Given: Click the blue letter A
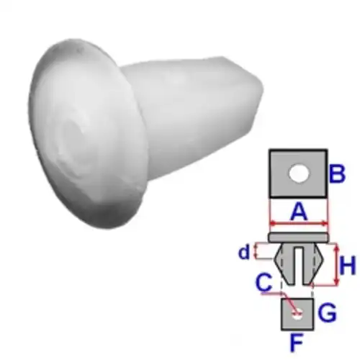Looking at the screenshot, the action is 299,212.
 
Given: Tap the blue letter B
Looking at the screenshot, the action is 338,174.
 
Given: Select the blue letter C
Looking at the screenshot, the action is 264,282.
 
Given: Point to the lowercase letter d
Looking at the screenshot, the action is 244,252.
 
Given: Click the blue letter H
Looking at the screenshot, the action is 348,266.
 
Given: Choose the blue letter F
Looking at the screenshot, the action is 297,342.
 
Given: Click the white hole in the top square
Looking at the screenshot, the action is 299,174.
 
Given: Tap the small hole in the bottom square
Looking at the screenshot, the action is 298,315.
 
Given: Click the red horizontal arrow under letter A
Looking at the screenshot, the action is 299,224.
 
